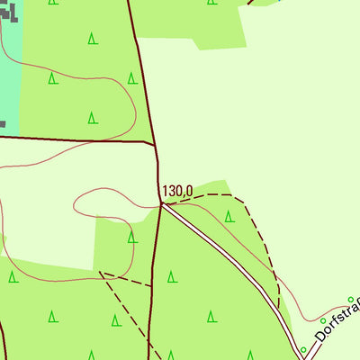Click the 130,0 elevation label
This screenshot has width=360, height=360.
pyautogui.click(x=177, y=191)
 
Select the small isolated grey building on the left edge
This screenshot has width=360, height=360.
pyautogui.click(x=3, y=123)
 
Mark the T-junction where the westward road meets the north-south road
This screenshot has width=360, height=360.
pyautogui.click(x=156, y=142)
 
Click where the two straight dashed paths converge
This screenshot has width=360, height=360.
pyautogui.click(x=102, y=273)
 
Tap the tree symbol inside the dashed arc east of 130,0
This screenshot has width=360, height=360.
pyautogui.click(x=229, y=217)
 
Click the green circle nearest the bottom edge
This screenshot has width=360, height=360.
pyautogui.click(x=303, y=349)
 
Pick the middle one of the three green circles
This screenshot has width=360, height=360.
pyautogui.click(x=323, y=320)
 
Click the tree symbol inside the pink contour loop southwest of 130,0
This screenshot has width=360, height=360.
pyautogui.click(x=132, y=238)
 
